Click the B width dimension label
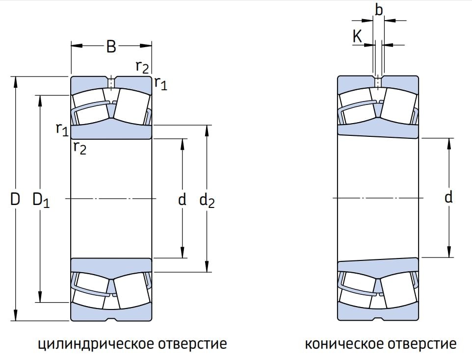pyautogui.click(x=111, y=47)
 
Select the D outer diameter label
pyautogui.click(x=15, y=199)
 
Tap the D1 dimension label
pyautogui.click(x=41, y=200)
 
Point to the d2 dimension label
pyautogui.click(x=208, y=200)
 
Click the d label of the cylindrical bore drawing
pyautogui.click(x=182, y=199)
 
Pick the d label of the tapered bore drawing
pyautogui.click(x=448, y=197)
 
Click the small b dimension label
pyautogui.click(x=378, y=9)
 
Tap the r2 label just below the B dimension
pyautogui.click(x=142, y=67)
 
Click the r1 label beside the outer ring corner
pyautogui.click(x=160, y=83)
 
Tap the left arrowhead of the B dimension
pyautogui.click(x=75, y=46)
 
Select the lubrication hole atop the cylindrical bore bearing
pyautogui.click(x=111, y=82)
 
